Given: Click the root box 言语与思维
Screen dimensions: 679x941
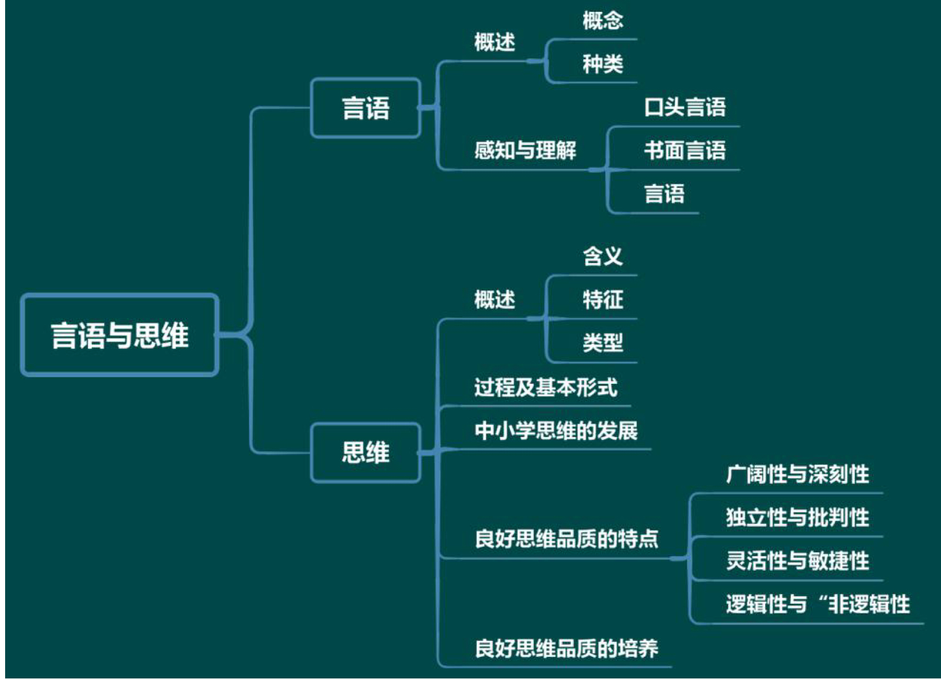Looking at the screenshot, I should pyautogui.click(x=119, y=335).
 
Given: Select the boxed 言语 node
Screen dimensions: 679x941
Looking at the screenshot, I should pyautogui.click(x=365, y=108).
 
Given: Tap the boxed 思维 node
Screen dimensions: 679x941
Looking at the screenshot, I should pyautogui.click(x=365, y=452).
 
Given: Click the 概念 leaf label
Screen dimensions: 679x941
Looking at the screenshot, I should pyautogui.click(x=602, y=21).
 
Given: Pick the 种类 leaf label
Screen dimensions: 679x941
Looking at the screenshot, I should pyautogui.click(x=602, y=64).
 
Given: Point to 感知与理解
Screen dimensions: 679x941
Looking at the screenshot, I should pyautogui.click(x=525, y=150).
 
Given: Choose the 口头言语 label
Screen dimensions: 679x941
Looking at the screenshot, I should pyautogui.click(x=685, y=107).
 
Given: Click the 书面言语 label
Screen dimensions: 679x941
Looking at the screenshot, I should pyautogui.click(x=685, y=150).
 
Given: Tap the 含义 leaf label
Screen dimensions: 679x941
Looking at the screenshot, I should pyautogui.click(x=602, y=256).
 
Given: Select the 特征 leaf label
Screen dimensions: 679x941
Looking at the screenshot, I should pyautogui.click(x=602, y=299).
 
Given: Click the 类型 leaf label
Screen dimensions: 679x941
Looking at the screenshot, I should pyautogui.click(x=602, y=342).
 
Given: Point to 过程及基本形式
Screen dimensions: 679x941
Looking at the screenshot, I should pyautogui.click(x=545, y=387).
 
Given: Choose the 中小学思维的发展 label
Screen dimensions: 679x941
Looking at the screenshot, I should pyautogui.click(x=556, y=430).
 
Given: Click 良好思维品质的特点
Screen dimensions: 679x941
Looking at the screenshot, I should pyautogui.click(x=566, y=538).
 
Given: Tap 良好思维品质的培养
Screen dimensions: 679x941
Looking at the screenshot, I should pyautogui.click(x=566, y=648).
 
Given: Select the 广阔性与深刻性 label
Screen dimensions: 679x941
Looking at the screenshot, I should pyautogui.click(x=797, y=474).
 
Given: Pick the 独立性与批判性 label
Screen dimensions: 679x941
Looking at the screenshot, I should pyautogui.click(x=797, y=517).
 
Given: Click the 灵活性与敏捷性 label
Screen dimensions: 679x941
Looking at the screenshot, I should pyautogui.click(x=797, y=560).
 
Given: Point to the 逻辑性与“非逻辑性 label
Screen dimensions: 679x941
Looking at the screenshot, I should pyautogui.click(x=818, y=604).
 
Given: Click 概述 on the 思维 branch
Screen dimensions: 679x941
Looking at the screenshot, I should pyautogui.click(x=494, y=299).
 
